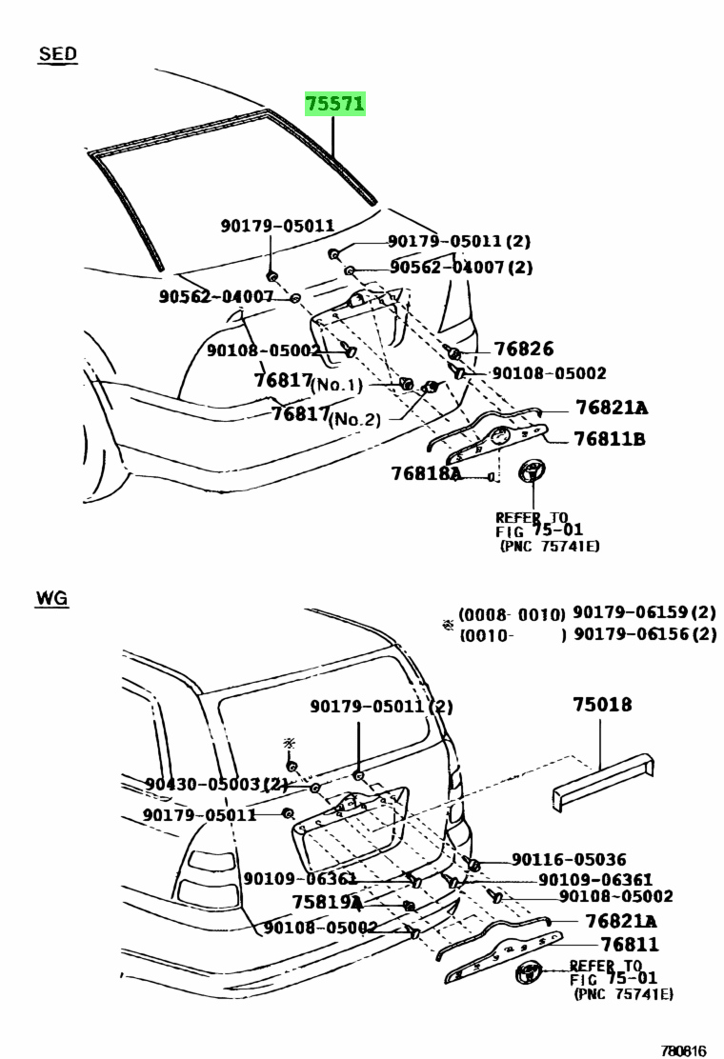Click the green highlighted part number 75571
point(335,104)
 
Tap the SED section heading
point(57,53)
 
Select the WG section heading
point(52,598)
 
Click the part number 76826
point(523,349)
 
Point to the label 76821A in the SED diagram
point(612,408)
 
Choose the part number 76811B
point(609,439)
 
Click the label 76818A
point(426,473)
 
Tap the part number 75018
point(602,705)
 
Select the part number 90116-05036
point(569,859)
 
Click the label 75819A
point(328,902)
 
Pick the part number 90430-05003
point(203,784)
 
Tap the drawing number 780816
point(683,1050)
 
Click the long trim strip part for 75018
point(603,780)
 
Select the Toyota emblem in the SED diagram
point(533,470)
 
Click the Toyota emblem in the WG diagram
point(528,974)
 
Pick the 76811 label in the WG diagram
point(630,944)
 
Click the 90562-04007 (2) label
point(461,268)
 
